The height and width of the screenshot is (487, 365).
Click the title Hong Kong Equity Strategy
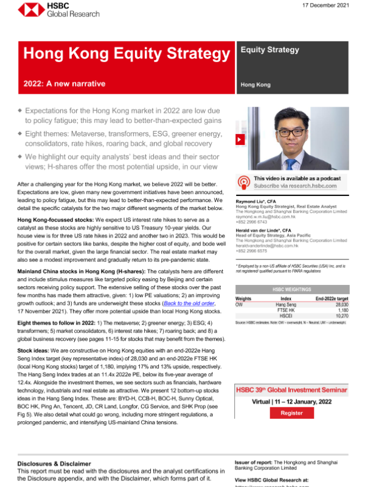pyautogui.click(x=125, y=54)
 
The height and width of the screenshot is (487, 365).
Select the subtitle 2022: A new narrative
pyautogui.click(x=64, y=83)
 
